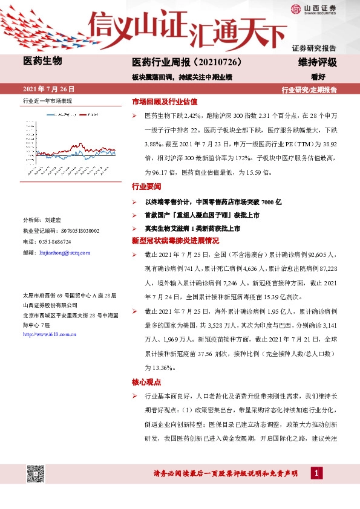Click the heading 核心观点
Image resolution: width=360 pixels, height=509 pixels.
tap(145, 382)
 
